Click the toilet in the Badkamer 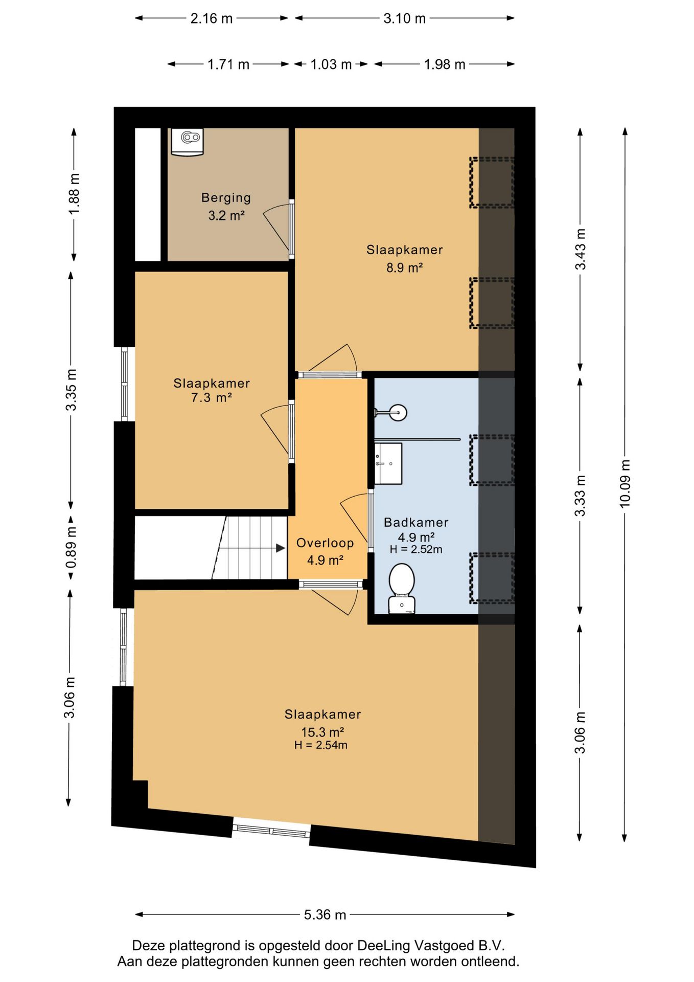pyautogui.click(x=402, y=588)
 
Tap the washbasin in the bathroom pyautogui.click(x=388, y=463)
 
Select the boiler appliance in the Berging pyautogui.click(x=187, y=142)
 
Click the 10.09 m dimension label pyautogui.click(x=625, y=483)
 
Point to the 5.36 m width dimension pyautogui.click(x=325, y=914)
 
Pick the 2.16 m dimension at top pyautogui.click(x=212, y=18)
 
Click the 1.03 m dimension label pyautogui.click(x=331, y=64)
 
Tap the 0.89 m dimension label pyautogui.click(x=71, y=547)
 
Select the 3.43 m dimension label pyautogui.click(x=581, y=249)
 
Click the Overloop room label pyautogui.click(x=325, y=543)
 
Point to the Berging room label pyautogui.click(x=226, y=197)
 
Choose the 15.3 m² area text pyautogui.click(x=322, y=732)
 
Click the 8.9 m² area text pyautogui.click(x=404, y=267)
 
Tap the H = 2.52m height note pyautogui.click(x=416, y=549)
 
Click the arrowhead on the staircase pyautogui.click(x=281, y=548)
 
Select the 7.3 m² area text pyautogui.click(x=212, y=397)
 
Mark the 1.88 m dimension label pyautogui.click(x=74, y=194)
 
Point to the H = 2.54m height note pyautogui.click(x=321, y=745)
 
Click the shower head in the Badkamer pyautogui.click(x=397, y=412)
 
